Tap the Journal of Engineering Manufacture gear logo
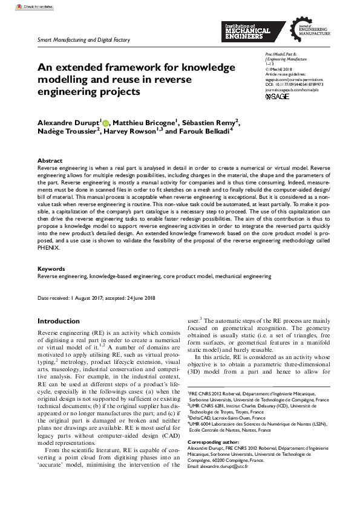pos(310,30)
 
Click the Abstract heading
pos(49,160)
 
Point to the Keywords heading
pos(51,269)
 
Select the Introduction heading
pos(59,321)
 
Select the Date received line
pos(97,299)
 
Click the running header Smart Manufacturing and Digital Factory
pos(76,41)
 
